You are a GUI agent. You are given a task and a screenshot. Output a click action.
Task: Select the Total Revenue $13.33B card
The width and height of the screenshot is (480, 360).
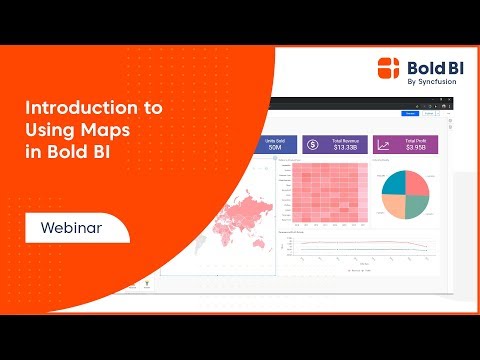[334, 146]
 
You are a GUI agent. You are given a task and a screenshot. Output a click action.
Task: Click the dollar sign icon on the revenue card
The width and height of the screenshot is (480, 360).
[314, 146]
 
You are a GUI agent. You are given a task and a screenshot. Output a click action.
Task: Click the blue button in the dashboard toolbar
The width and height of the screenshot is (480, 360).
[410, 114]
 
